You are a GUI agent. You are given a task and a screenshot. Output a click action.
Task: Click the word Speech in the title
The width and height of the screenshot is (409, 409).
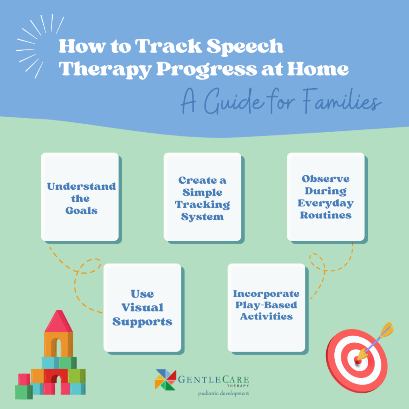click(x=245, y=46)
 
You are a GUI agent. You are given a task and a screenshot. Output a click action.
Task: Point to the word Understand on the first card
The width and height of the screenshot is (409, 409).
click(x=81, y=186)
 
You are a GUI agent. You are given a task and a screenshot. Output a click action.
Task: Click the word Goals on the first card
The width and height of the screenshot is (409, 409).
click(x=81, y=210)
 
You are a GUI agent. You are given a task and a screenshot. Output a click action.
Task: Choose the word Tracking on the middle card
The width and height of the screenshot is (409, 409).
click(x=203, y=205)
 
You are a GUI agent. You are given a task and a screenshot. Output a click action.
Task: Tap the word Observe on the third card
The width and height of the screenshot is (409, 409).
click(x=326, y=179)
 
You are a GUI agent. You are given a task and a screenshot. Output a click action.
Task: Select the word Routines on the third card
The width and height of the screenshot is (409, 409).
click(x=326, y=215)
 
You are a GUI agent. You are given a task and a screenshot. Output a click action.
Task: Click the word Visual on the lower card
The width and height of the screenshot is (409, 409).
click(x=143, y=308)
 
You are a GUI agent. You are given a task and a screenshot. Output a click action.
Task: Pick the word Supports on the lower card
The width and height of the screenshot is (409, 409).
click(x=143, y=322)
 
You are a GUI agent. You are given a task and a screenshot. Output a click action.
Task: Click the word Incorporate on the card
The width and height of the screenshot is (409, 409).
click(x=266, y=294)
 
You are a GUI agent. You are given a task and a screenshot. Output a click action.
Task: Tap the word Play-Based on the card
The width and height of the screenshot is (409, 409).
click(x=266, y=305)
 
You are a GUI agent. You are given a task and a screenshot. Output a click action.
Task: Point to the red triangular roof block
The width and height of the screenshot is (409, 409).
click(x=59, y=321)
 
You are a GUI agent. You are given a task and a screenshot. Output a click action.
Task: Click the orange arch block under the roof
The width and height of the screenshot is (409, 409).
click(x=59, y=344)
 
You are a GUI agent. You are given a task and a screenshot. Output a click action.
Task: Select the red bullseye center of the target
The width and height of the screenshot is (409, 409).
click(x=358, y=361)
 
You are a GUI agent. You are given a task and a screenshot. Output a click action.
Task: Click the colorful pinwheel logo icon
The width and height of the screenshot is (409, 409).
click(x=165, y=379)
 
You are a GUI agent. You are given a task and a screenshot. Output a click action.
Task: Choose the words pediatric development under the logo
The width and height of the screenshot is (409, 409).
click(x=224, y=393)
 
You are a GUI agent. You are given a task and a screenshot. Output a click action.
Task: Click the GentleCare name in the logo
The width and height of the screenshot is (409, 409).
click(x=214, y=379)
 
